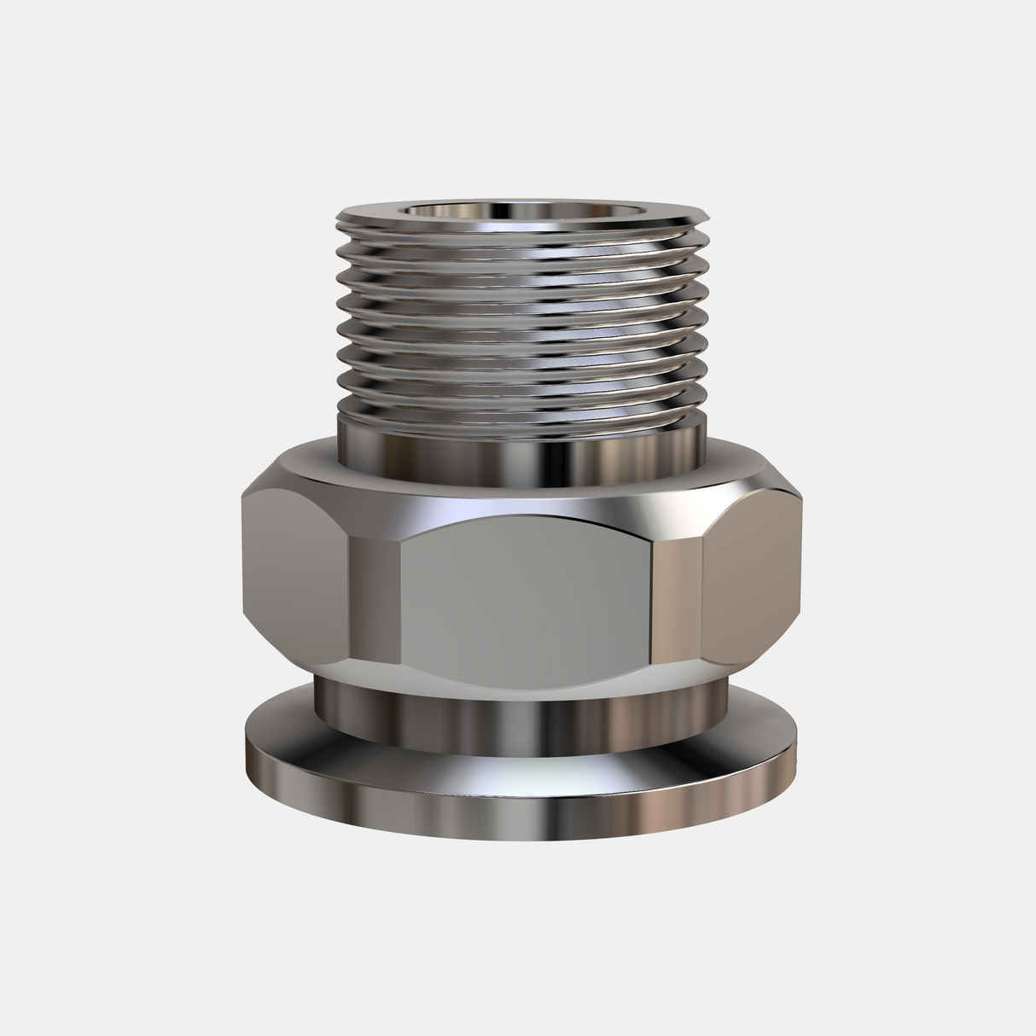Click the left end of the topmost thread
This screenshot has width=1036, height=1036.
[340, 224]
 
